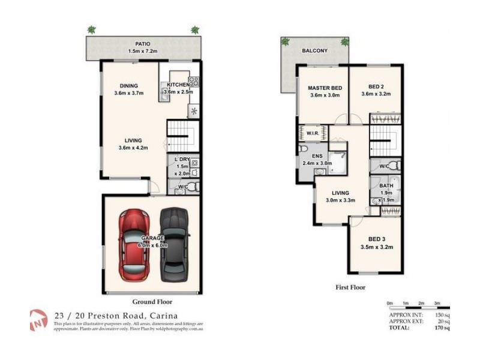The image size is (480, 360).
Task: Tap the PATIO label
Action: [x=142, y=44]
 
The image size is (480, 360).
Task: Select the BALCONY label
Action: [x=315, y=51]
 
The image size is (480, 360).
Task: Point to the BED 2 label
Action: [x=376, y=87]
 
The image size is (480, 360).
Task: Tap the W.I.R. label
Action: [x=312, y=133]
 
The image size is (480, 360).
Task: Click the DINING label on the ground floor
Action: [x=128, y=85]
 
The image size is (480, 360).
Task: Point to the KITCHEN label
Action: [x=178, y=85]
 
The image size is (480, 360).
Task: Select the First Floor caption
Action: [x=350, y=287]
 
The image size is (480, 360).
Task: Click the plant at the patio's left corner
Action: [x=91, y=29]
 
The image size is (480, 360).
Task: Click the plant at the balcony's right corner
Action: [x=344, y=42]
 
